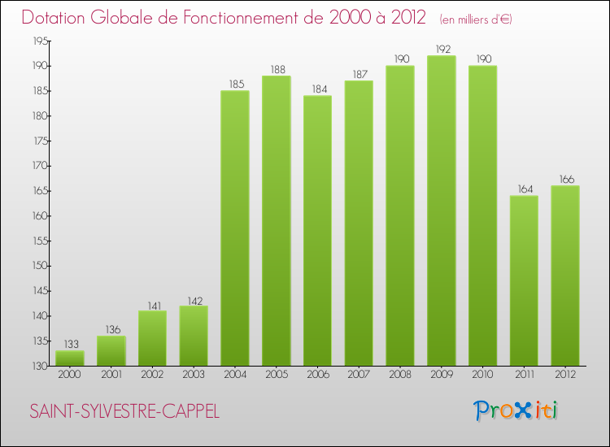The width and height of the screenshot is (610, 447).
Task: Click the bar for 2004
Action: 235,228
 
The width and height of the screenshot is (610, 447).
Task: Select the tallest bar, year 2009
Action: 442,210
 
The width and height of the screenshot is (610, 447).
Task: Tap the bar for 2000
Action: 70,358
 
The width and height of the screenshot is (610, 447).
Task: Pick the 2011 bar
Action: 524,280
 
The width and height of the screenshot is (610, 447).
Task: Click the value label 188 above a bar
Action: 277,69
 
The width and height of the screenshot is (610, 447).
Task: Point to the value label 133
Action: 70,344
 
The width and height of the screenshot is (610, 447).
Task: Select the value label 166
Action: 565,179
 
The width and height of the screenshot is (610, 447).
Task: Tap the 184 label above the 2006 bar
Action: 317,89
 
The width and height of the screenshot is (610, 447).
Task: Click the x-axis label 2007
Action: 359,375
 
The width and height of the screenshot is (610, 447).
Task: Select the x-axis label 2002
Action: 152,375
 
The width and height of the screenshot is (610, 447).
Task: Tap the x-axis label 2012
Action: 565,375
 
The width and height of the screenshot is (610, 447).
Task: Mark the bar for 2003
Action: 194,336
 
